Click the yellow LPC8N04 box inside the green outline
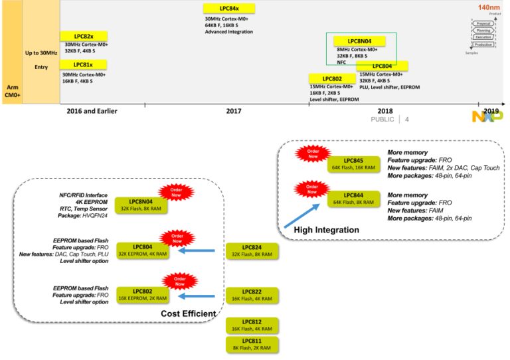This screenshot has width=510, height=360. (x=359, y=41)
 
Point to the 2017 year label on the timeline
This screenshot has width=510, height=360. (x=233, y=111)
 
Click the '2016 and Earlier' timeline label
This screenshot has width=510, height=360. (x=92, y=111)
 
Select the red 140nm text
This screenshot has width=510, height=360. (x=488, y=7)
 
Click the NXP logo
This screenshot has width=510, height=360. (x=487, y=117)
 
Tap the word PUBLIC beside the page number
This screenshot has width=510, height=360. (x=382, y=120)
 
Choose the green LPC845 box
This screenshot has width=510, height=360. (x=353, y=163)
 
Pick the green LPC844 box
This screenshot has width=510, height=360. (x=353, y=198)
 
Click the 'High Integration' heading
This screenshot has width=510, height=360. (x=326, y=230)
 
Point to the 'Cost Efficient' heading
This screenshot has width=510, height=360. (x=189, y=314)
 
